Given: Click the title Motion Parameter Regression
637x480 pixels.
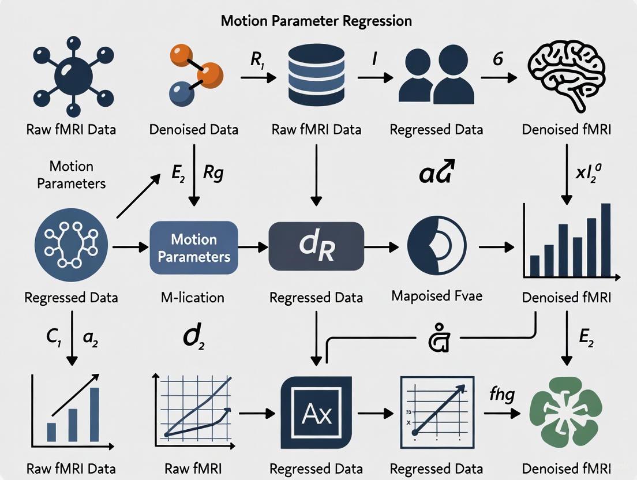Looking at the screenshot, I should pyautogui.click(x=316, y=21).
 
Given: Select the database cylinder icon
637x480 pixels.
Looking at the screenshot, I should pyautogui.click(x=316, y=74).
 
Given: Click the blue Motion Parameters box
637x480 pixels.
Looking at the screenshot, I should pyautogui.click(x=194, y=247).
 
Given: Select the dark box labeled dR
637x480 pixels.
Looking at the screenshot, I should pyautogui.click(x=316, y=247).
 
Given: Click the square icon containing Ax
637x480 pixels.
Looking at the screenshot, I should pyautogui.click(x=316, y=414).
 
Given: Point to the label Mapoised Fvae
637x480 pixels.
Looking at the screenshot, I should pyautogui.click(x=436, y=297).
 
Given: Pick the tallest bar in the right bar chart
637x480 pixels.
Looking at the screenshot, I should pyautogui.click(x=605, y=240).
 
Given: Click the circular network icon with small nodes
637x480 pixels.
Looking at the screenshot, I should pyautogui.click(x=70, y=247).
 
